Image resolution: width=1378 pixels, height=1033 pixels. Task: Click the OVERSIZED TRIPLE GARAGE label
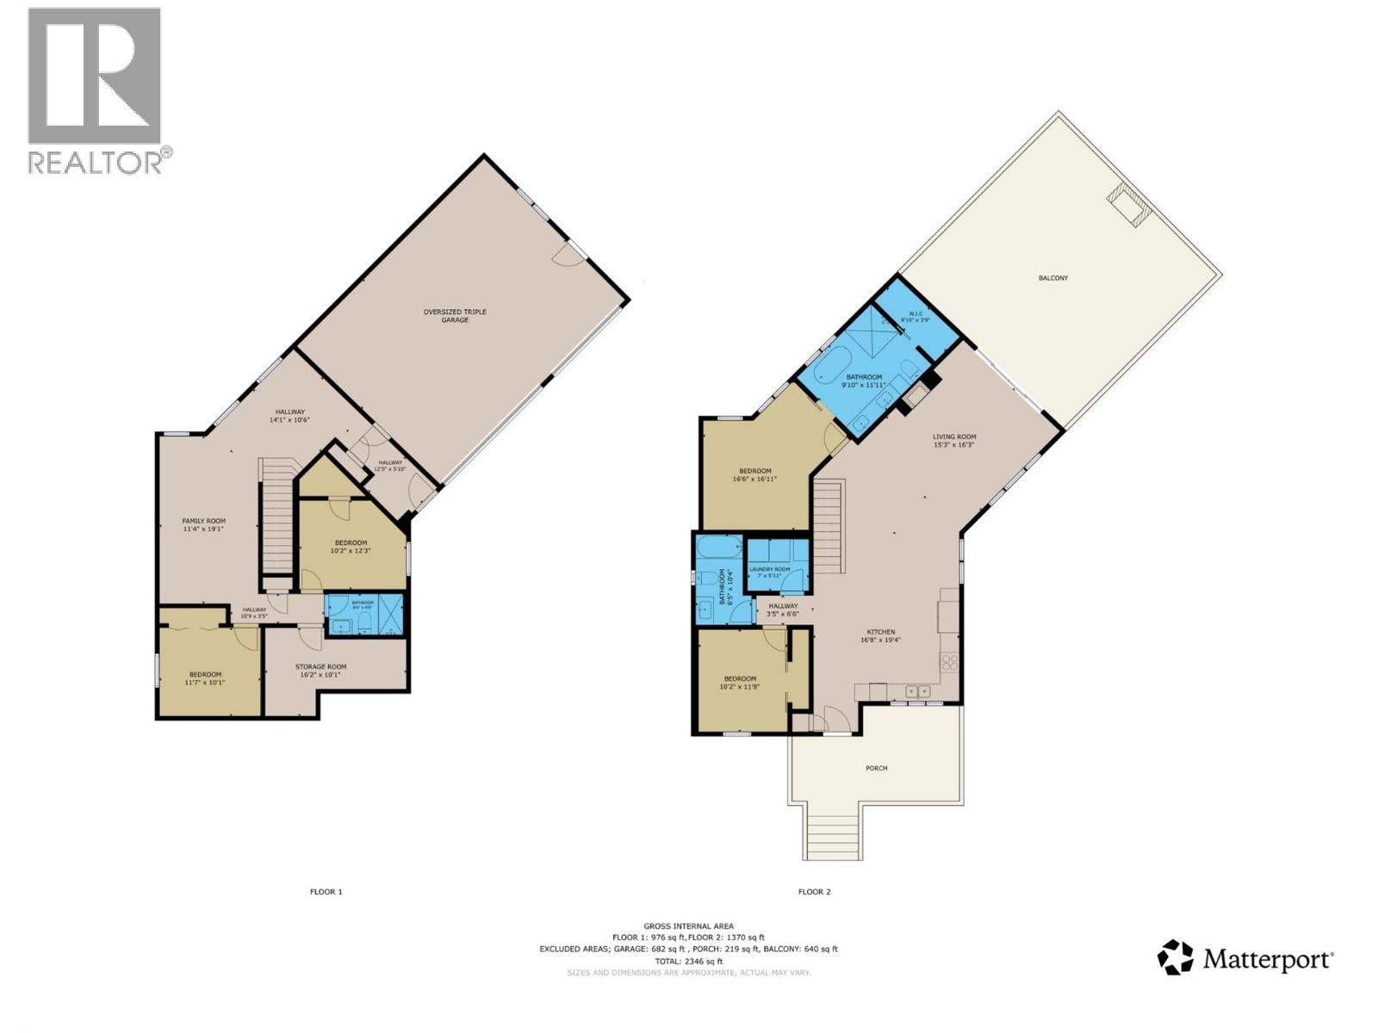(x=455, y=315)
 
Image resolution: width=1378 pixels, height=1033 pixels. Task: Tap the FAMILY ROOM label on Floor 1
(x=203, y=524)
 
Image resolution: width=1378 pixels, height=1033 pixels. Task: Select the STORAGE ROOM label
(x=320, y=670)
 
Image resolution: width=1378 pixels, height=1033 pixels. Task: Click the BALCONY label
(x=1052, y=278)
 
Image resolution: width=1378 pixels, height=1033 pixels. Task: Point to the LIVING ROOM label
(x=954, y=441)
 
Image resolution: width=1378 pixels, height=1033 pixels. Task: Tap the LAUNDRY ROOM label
(x=769, y=572)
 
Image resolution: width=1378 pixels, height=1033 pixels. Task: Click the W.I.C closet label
(x=916, y=316)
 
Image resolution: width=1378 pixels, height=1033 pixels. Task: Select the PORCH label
(x=876, y=768)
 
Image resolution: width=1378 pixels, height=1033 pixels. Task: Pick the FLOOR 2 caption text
(x=814, y=892)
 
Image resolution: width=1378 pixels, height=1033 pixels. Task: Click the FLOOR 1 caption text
(x=326, y=892)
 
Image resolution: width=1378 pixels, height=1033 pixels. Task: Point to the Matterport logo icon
(x=1175, y=957)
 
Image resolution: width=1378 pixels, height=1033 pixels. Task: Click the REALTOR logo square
(x=94, y=76)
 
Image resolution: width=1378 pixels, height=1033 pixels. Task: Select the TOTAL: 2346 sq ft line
(x=688, y=961)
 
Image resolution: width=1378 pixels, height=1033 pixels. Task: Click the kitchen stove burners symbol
(x=949, y=662)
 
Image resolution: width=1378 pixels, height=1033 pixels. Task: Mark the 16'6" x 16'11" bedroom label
(x=754, y=474)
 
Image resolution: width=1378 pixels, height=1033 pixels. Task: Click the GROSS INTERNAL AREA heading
(x=688, y=926)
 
